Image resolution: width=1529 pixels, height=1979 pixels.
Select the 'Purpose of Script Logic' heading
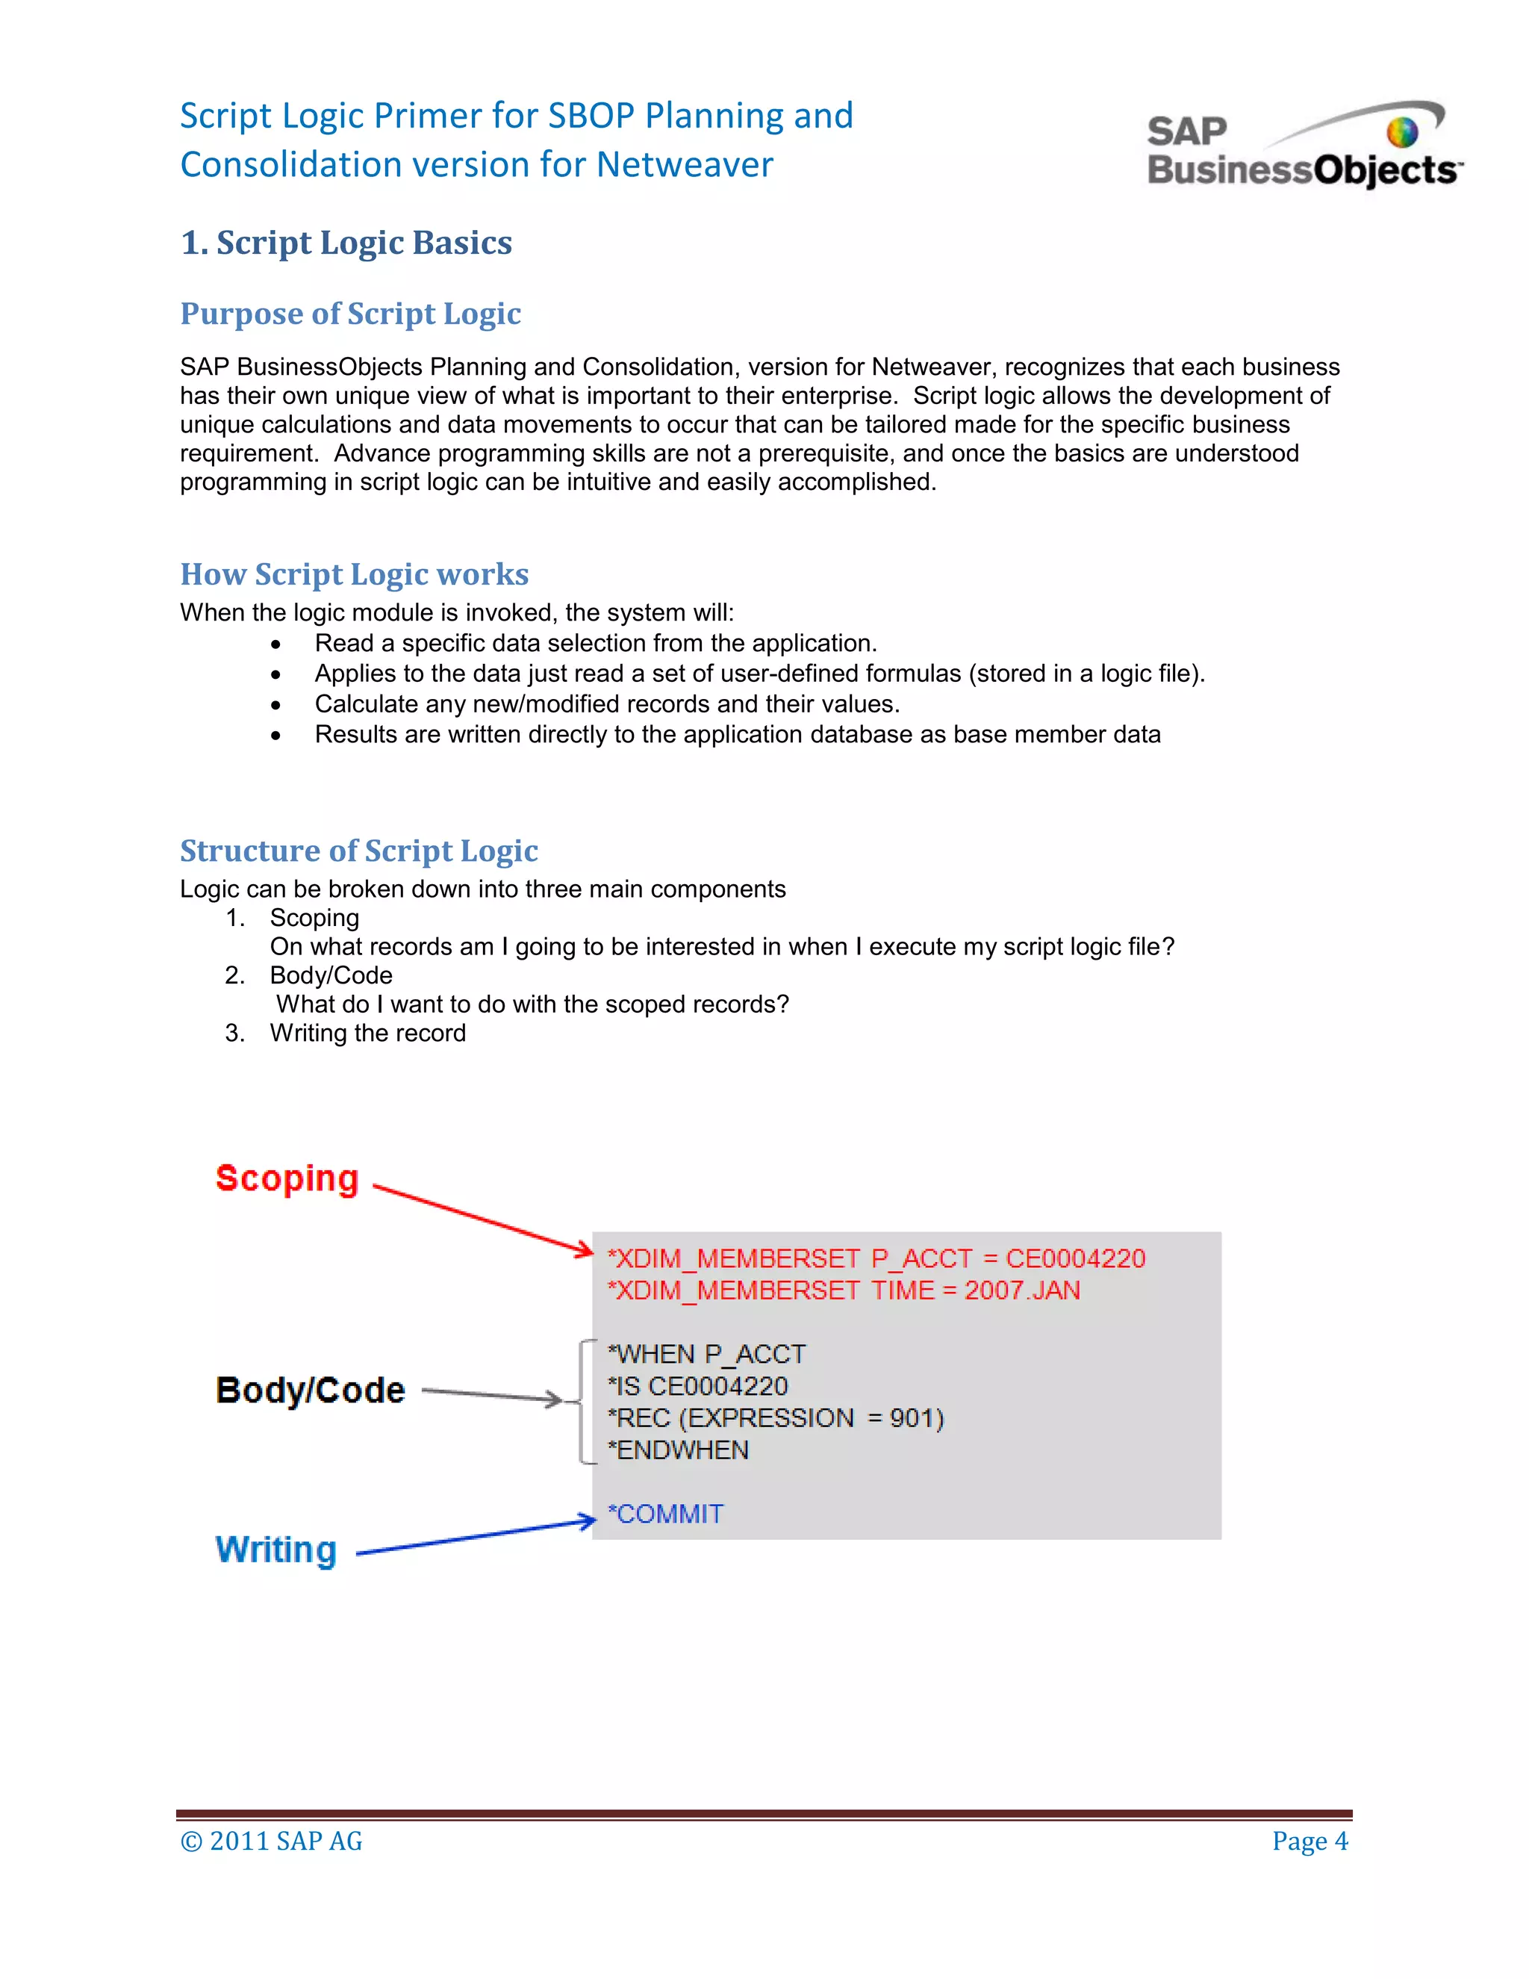pyautogui.click(x=351, y=314)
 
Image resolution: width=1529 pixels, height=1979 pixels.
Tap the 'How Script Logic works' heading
pyautogui.click(x=354, y=574)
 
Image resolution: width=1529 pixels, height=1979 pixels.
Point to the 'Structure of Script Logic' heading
pyautogui.click(x=358, y=851)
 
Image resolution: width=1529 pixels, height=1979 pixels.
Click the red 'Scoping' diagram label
pyautogui.click(x=287, y=1178)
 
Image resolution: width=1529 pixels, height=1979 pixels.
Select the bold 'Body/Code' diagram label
pyautogui.click(x=310, y=1390)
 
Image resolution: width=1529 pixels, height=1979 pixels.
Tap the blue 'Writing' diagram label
pyautogui.click(x=276, y=1550)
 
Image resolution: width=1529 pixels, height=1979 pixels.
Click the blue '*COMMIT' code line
pyautogui.click(x=666, y=1514)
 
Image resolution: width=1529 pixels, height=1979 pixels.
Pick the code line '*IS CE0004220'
pyautogui.click(x=697, y=1386)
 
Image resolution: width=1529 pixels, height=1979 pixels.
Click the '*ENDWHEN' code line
pyautogui.click(x=678, y=1450)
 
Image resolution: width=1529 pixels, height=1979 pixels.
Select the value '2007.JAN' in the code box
pyautogui.click(x=1022, y=1290)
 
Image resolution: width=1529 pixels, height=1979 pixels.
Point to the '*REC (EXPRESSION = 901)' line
pyautogui.click(x=776, y=1418)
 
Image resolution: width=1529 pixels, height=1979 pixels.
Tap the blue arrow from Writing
pyautogui.click(x=476, y=1538)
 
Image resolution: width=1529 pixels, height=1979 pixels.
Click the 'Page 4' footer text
pyautogui.click(x=1309, y=1842)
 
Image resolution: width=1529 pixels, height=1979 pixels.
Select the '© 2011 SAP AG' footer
pyautogui.click(x=271, y=1842)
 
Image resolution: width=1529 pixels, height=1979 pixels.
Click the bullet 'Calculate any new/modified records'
pyautogui.click(x=606, y=704)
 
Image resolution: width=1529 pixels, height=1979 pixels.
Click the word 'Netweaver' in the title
pyautogui.click(x=684, y=165)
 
